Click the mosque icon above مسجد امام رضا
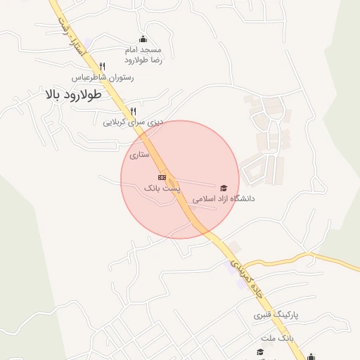143,39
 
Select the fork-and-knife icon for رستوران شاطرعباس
103,65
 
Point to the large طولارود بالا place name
73,94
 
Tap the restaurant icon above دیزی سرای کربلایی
133,111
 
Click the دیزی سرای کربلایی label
134,122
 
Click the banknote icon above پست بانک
162,177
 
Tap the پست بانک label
162,188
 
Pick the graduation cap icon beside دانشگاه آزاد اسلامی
224,188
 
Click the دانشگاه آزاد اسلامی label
224,199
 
